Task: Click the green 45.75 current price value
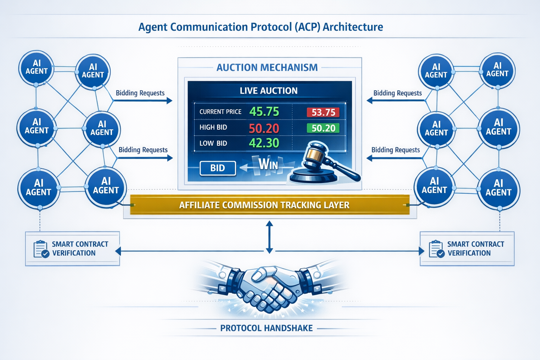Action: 264,112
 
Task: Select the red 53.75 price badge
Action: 323,112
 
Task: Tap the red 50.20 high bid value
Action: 264,128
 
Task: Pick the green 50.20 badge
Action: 323,128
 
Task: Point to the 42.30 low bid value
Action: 264,143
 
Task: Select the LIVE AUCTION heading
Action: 269,91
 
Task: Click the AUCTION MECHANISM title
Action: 267,67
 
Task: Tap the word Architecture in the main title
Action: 353,27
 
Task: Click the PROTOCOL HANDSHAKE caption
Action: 266,328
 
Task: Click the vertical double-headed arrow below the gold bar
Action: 269,237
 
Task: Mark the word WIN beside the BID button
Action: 268,164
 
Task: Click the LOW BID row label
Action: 213,143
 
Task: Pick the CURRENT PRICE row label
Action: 220,112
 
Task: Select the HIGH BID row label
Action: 213,127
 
